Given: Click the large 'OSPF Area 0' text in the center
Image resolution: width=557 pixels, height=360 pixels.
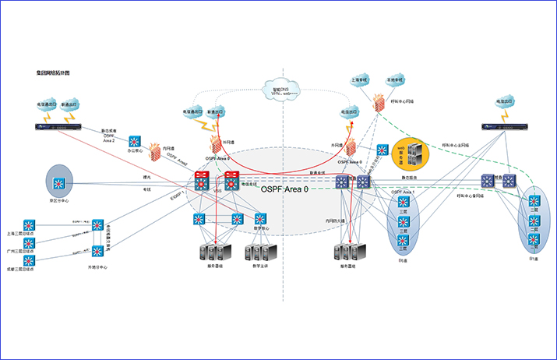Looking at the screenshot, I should pos(284,189).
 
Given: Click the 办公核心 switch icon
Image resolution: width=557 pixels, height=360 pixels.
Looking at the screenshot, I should pos(135,142).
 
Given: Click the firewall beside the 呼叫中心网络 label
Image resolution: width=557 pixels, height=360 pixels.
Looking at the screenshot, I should pos(379,102).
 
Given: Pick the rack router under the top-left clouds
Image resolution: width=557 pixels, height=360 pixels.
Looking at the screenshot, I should pos(57,127).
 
